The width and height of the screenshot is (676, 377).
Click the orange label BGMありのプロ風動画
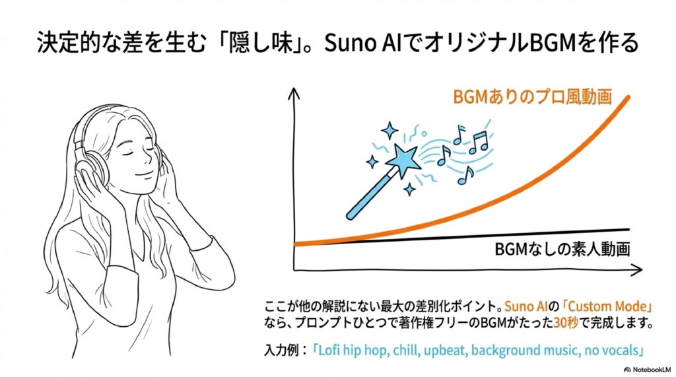point(533,96)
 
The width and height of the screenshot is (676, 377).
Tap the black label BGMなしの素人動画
point(562,250)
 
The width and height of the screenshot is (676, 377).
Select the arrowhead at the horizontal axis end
point(636,271)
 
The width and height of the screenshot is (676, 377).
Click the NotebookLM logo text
point(648,370)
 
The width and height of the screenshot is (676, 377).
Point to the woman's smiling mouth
point(143,176)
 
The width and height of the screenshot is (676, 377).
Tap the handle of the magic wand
point(371,194)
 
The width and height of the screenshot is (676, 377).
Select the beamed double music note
point(479,143)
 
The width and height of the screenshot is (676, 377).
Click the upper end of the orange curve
point(628,98)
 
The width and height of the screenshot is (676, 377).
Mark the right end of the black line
point(628,230)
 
